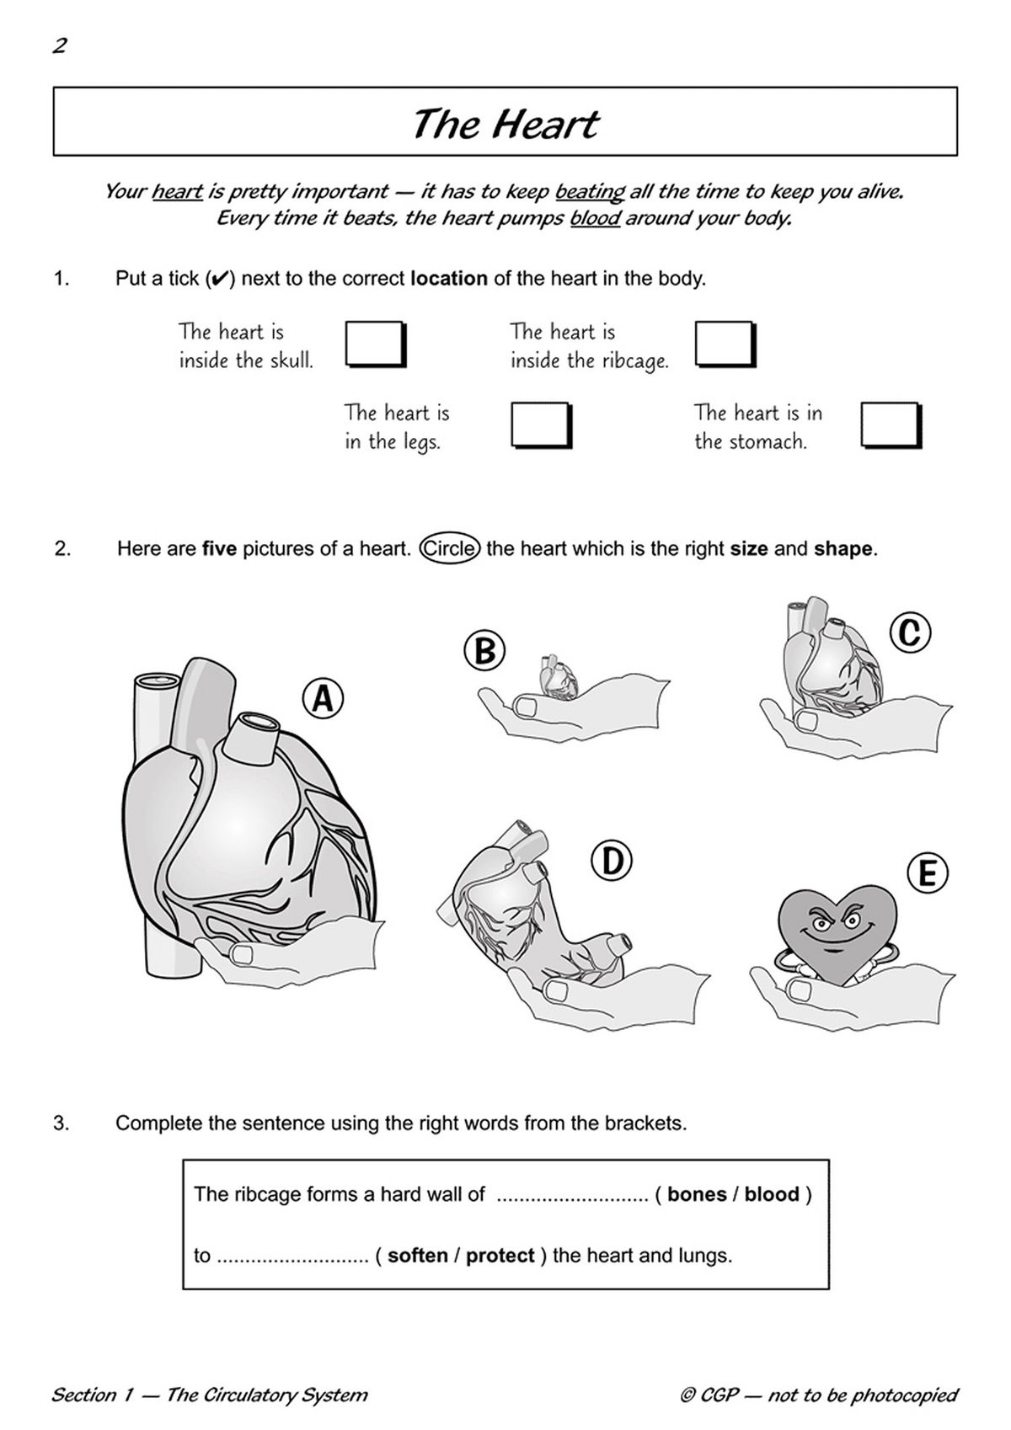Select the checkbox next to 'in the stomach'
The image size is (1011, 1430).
click(x=890, y=424)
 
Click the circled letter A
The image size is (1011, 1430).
click(x=323, y=699)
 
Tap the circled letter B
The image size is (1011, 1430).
click(x=484, y=651)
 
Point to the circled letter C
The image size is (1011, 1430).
click(x=911, y=632)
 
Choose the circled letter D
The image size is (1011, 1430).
click(x=612, y=861)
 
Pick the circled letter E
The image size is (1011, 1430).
click(x=928, y=873)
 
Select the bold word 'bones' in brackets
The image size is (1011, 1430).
click(x=697, y=1194)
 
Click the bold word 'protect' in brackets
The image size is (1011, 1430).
click(x=500, y=1256)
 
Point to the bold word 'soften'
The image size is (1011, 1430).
click(x=418, y=1256)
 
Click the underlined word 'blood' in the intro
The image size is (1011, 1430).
click(x=595, y=219)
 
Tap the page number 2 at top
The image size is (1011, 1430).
click(x=59, y=45)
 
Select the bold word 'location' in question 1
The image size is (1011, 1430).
click(x=448, y=279)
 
